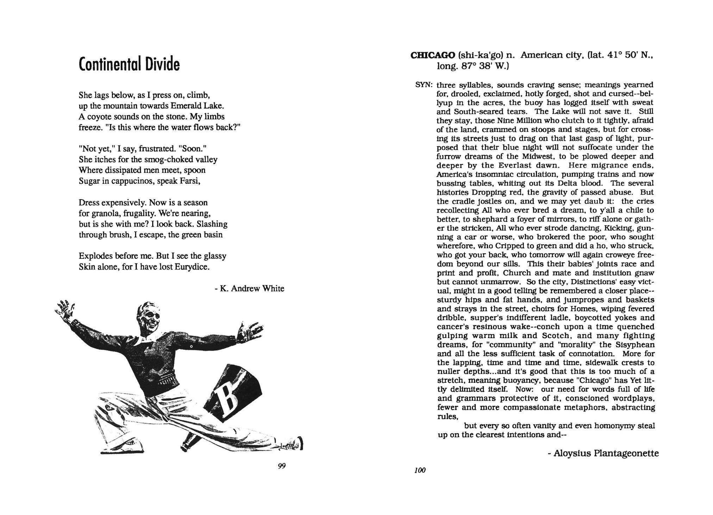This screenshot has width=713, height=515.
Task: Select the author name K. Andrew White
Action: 252,289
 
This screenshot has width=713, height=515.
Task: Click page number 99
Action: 281,466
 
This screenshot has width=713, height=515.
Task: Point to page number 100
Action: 420,470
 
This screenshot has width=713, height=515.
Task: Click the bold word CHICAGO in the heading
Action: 433,56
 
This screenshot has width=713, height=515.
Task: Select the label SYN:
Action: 424,85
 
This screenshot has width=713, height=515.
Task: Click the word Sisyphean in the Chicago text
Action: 634,345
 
